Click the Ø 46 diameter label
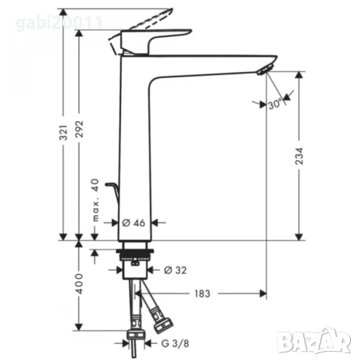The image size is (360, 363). [133, 223]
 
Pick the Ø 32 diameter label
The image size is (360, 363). [175, 269]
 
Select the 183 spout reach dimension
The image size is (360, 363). [203, 293]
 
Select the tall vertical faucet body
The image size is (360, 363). [136, 151]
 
